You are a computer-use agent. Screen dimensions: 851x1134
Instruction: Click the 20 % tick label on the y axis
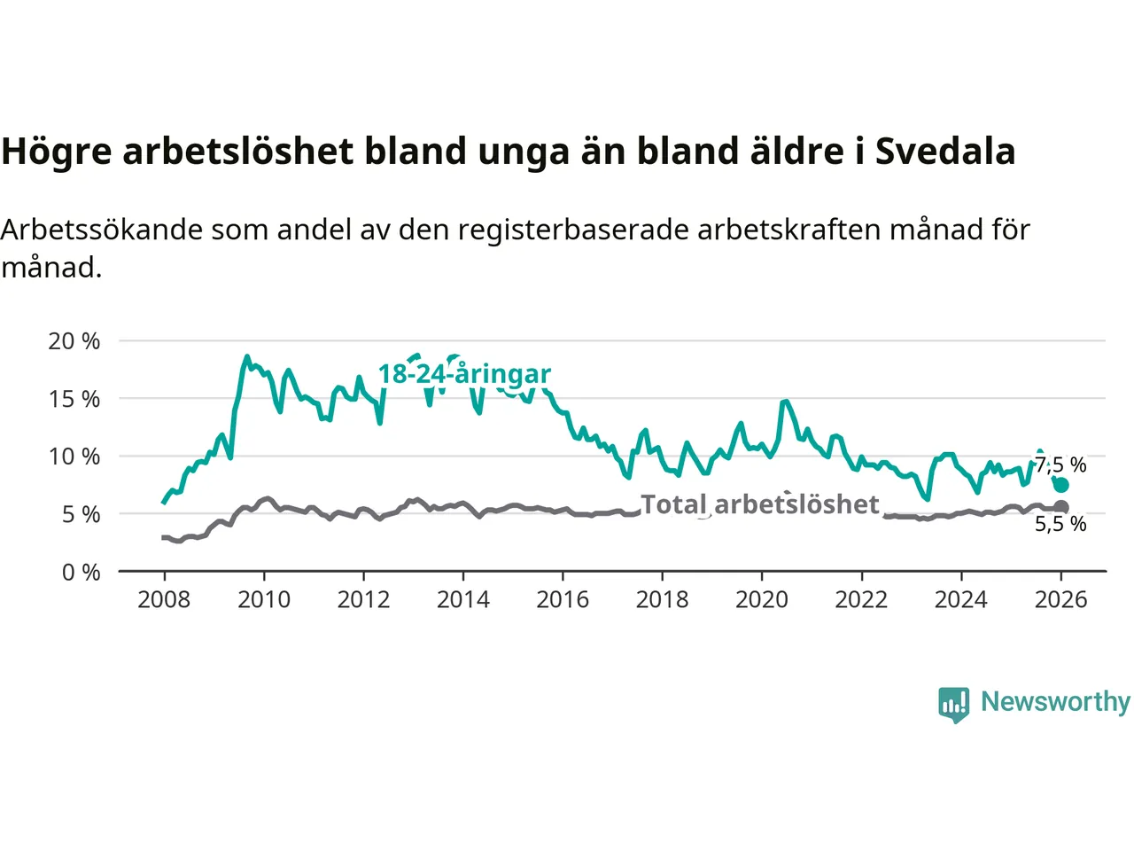(x=74, y=341)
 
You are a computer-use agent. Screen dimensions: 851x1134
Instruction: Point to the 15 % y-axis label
(x=74, y=399)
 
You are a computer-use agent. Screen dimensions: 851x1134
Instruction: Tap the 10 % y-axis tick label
(x=74, y=457)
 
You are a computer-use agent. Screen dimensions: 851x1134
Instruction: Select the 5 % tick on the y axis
(x=80, y=514)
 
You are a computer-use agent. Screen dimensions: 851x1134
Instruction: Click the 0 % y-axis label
(x=81, y=573)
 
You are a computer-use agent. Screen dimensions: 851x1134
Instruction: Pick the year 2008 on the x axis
(x=164, y=600)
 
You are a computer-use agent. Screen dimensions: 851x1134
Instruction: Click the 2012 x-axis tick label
(x=363, y=600)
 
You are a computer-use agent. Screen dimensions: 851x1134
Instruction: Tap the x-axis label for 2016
(x=563, y=600)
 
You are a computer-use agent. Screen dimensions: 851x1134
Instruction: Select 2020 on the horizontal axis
(x=762, y=600)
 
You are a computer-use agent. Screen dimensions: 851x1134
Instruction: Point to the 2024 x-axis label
(x=961, y=600)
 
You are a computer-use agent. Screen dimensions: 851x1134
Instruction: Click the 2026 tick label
(x=1060, y=600)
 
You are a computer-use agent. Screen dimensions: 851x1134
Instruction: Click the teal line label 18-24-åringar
(x=464, y=374)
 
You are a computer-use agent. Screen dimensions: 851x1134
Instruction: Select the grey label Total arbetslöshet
(x=759, y=504)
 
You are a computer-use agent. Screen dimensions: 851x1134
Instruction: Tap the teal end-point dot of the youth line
(x=1060, y=485)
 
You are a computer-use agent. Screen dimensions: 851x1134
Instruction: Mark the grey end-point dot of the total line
(x=1060, y=508)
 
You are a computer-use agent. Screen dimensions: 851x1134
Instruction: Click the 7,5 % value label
(x=1061, y=465)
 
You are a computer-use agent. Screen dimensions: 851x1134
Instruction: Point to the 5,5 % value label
(x=1060, y=524)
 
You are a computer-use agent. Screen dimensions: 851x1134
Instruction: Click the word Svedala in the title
(x=944, y=152)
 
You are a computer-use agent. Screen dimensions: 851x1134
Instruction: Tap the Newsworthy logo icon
(x=954, y=704)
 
